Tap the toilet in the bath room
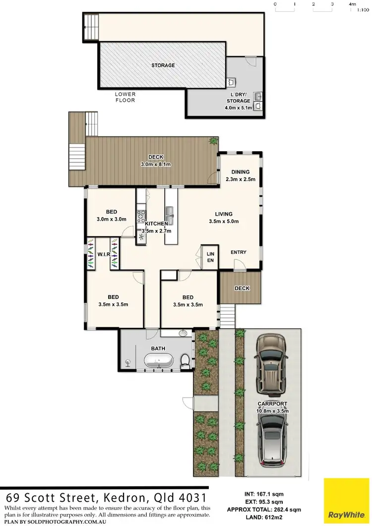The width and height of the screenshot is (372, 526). point(185,361)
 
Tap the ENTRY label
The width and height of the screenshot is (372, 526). point(239,252)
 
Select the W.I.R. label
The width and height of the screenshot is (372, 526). point(103,255)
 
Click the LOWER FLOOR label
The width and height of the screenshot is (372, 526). point(125,97)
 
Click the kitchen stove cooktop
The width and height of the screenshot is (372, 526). point(141,216)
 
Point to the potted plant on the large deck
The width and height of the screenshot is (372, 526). point(213,141)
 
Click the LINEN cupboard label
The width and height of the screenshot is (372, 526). point(210,257)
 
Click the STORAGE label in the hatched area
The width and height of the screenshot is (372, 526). point(163,65)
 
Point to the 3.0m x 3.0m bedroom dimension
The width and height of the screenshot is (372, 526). point(112,219)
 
